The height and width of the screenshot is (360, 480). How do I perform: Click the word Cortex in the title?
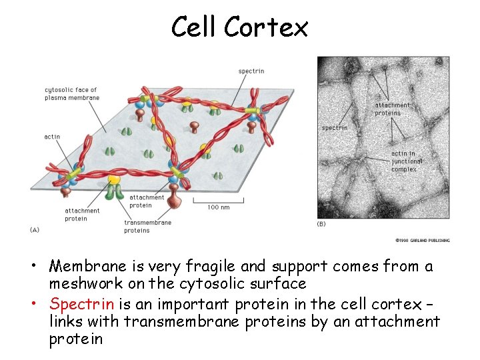266,27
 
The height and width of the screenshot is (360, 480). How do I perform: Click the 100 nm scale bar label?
218,207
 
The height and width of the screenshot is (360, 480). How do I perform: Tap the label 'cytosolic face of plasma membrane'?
72,94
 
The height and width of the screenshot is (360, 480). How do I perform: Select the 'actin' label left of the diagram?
52,137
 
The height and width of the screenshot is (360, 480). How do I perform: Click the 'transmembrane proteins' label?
147,227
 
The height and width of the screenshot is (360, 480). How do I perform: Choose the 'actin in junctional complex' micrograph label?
407,161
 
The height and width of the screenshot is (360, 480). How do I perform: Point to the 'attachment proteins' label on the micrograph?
392,109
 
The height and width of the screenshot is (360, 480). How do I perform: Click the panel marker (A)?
35,229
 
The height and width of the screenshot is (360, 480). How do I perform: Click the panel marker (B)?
321,224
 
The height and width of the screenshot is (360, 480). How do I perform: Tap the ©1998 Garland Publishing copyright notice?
422,240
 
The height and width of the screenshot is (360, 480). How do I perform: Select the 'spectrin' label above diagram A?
251,71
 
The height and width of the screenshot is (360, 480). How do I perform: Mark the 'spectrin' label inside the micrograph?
334,127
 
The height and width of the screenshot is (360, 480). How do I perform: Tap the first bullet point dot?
41,267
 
